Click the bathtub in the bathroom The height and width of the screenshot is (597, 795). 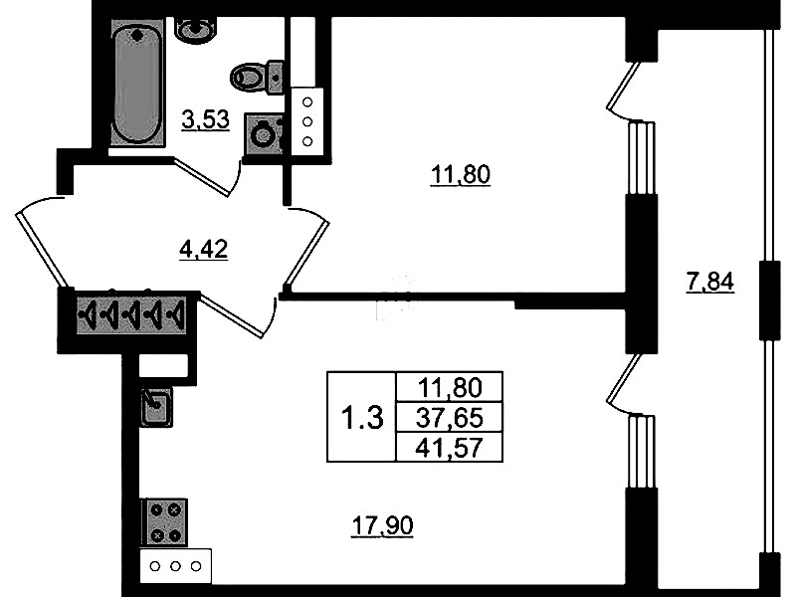click(138, 83)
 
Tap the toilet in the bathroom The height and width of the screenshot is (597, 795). click(257, 77)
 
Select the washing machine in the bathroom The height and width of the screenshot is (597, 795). click(263, 134)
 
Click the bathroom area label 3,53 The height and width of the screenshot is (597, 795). click(205, 120)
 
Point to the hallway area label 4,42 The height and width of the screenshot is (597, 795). click(204, 250)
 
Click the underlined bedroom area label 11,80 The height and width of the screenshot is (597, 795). click(461, 175)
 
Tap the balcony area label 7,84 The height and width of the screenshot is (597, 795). click(709, 282)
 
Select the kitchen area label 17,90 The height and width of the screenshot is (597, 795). click(383, 525)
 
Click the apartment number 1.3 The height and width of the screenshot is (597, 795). click(362, 419)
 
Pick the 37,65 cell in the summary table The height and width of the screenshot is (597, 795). click(449, 418)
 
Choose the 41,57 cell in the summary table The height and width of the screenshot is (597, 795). click(449, 448)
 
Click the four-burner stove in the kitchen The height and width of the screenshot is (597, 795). click(165, 522)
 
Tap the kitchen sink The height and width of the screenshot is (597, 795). click(156, 406)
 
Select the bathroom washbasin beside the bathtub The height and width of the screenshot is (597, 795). click(196, 30)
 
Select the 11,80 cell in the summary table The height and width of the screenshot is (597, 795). click(449, 388)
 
